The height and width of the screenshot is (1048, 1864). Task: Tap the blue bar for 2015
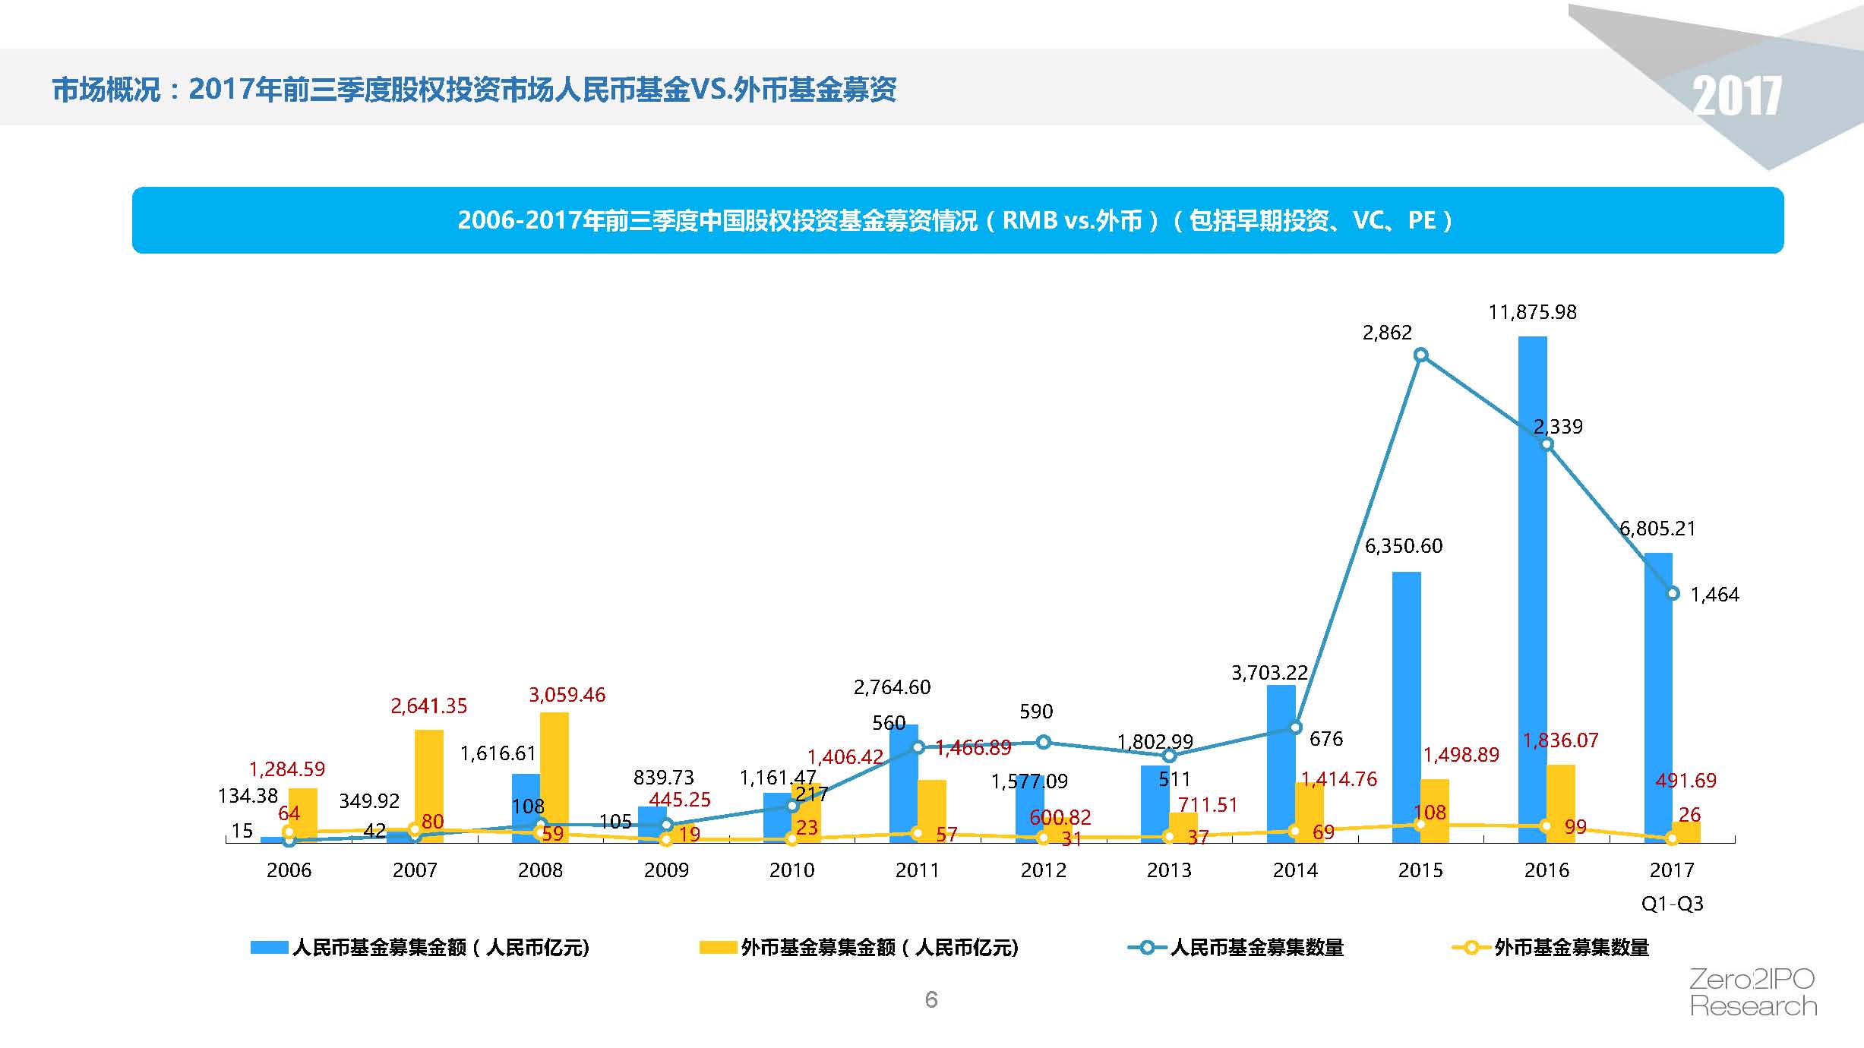point(1406,706)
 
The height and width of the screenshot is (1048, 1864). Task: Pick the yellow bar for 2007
point(428,786)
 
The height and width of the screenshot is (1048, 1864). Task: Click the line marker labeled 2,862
point(1420,355)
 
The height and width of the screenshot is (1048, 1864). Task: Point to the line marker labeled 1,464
point(1673,593)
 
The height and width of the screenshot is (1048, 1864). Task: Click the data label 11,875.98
point(1532,312)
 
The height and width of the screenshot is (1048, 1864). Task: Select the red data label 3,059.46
point(567,695)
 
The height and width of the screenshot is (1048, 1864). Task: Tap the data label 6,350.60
point(1403,546)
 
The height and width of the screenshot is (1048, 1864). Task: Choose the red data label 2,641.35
point(428,706)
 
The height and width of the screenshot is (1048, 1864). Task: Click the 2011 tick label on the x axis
point(917,870)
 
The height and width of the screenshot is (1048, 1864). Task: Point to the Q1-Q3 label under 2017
point(1672,904)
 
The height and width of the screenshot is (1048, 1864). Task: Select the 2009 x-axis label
point(665,870)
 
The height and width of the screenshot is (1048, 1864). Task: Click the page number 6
point(931,999)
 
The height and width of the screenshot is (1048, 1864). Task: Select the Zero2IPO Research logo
point(1753,993)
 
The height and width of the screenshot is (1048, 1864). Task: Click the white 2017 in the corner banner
point(1736,96)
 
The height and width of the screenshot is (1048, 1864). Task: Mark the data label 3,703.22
point(1269,673)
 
